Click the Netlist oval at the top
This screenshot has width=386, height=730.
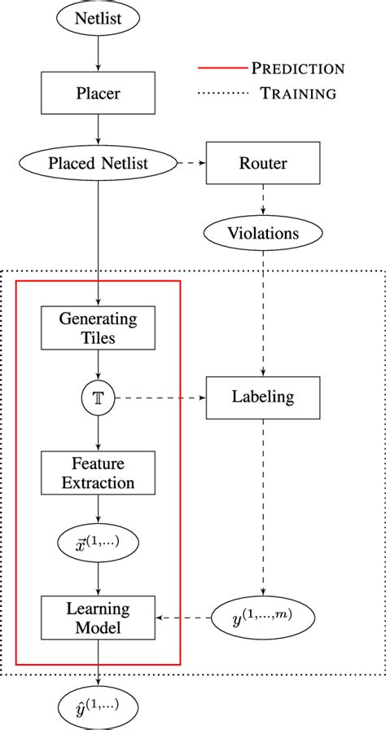point(98,17)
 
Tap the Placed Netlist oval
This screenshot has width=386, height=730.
point(98,163)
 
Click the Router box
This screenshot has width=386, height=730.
point(263,163)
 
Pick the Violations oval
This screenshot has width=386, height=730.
point(263,234)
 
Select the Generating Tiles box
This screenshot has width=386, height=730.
point(98,328)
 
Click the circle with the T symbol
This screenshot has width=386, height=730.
point(98,398)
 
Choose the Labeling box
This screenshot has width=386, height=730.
point(263,398)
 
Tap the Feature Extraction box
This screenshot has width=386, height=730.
point(98,473)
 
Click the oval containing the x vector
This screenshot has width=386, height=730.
point(98,543)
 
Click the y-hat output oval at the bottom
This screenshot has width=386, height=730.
point(98,704)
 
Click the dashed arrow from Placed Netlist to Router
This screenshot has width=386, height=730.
point(192,163)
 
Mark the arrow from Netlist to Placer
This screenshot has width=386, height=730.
point(98,52)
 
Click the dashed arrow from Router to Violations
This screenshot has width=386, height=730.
point(263,200)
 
